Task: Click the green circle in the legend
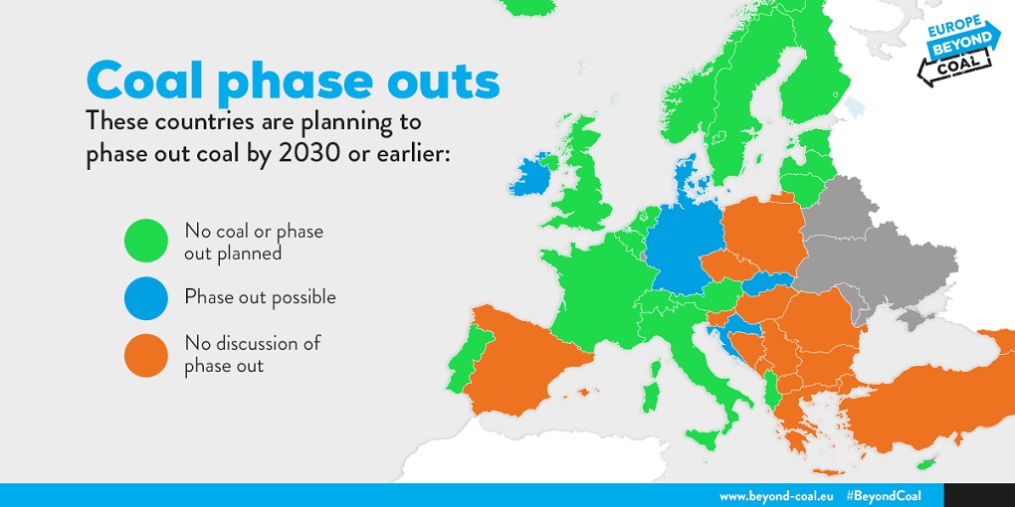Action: [x=146, y=241]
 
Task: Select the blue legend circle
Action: [x=146, y=298]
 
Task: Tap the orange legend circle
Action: [x=146, y=355]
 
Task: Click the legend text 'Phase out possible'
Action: [x=261, y=297]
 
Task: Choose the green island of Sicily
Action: [x=706, y=439]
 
